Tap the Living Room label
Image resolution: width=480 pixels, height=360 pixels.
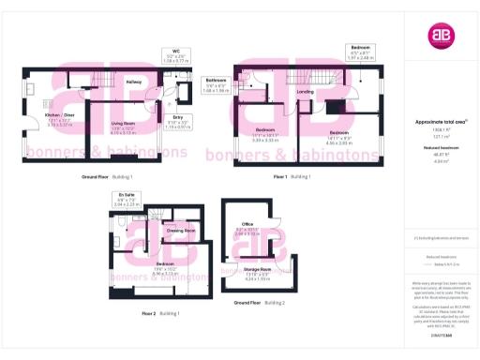125,129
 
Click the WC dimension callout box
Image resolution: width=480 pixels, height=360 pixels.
175,54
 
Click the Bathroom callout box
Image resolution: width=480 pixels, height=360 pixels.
217,85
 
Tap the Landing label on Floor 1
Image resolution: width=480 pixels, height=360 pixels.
305,92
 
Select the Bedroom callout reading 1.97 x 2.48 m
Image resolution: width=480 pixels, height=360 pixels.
361,52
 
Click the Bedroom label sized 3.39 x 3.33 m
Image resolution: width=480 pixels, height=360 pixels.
265,135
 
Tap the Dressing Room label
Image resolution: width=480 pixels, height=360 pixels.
181,230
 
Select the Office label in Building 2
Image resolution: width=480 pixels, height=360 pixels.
248,227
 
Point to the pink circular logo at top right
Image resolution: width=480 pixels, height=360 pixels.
441,37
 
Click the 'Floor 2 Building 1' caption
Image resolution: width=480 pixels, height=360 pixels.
160,312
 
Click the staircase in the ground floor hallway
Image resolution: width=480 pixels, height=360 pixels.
105,92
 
